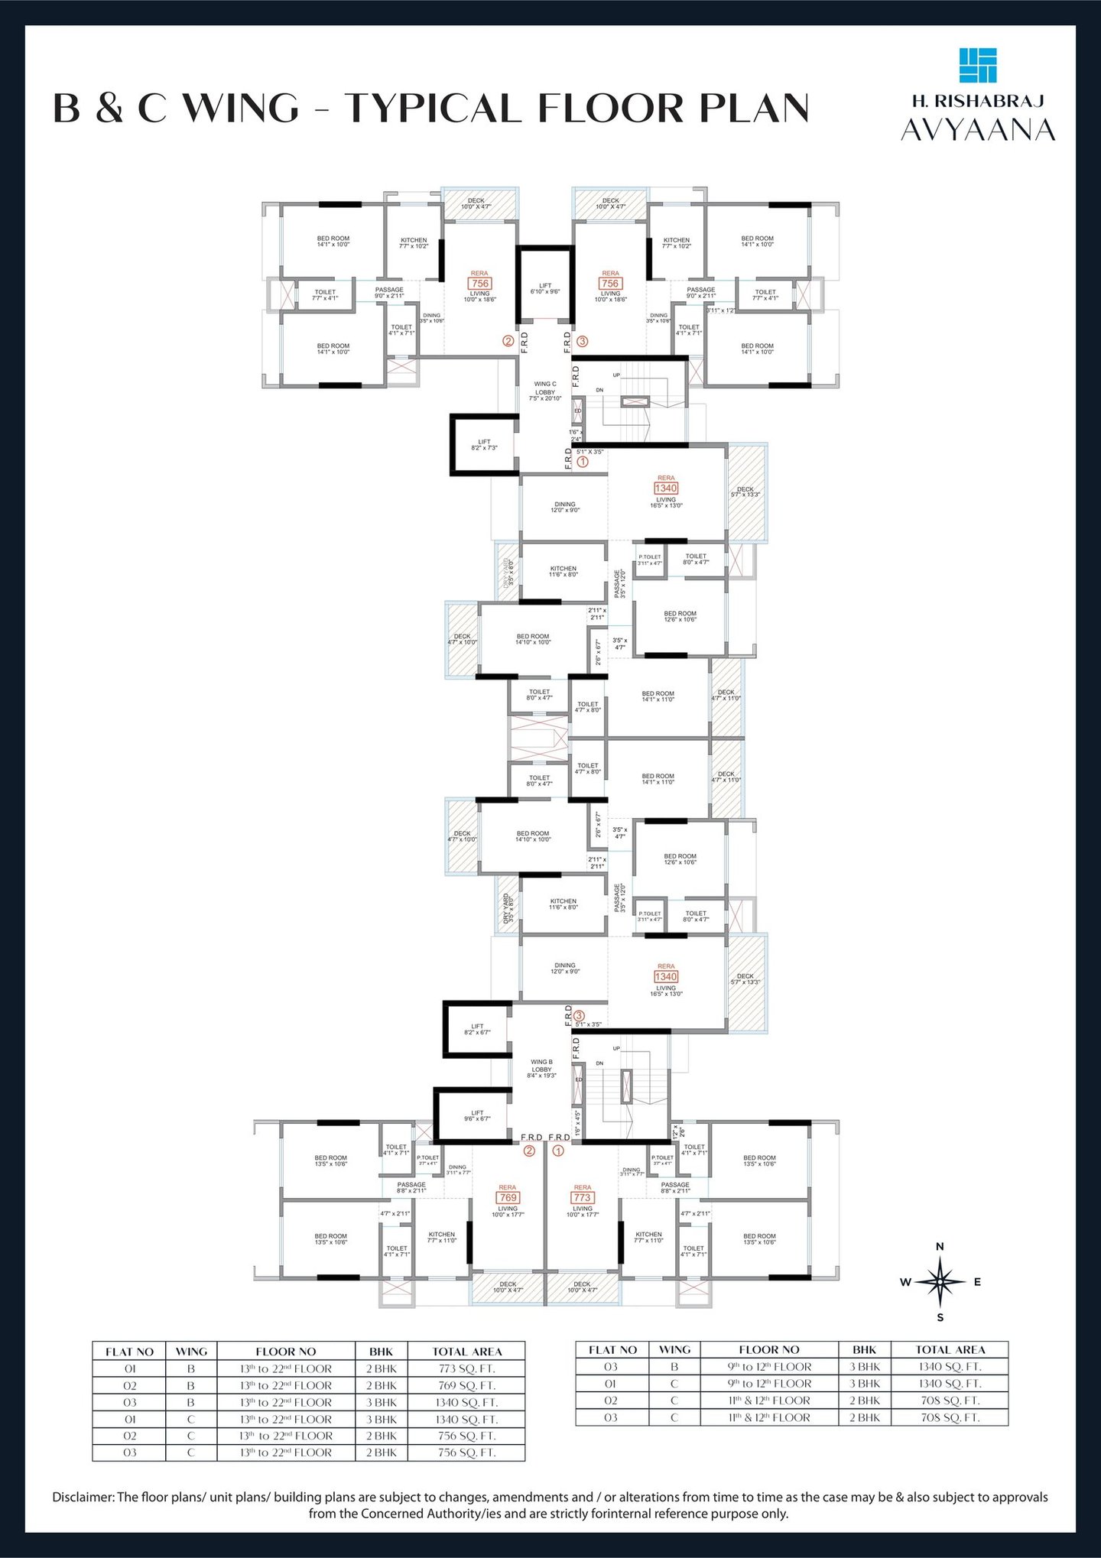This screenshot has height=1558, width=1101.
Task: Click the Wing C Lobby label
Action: pos(545,391)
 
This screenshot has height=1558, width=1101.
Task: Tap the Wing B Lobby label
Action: pos(541,1069)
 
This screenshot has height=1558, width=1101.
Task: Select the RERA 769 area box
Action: pos(508,1197)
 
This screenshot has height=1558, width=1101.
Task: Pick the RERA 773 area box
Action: pos(582,1197)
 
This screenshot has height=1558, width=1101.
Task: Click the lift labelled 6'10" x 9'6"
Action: pos(545,288)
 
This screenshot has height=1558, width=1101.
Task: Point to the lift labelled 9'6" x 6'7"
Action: pos(477,1115)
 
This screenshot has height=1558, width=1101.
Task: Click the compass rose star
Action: pos(940,1281)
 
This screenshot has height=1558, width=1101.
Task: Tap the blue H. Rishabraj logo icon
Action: pos(978,65)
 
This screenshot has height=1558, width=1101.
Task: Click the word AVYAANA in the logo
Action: pos(978,130)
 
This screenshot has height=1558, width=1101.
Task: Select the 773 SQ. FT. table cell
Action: pos(466,1368)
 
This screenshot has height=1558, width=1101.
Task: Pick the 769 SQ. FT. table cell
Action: pos(466,1385)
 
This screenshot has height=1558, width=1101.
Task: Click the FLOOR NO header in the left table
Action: pos(285,1352)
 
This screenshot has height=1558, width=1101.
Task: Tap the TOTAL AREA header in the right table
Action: pos(950,1350)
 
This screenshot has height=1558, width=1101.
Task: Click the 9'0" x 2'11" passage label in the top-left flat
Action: pos(389,292)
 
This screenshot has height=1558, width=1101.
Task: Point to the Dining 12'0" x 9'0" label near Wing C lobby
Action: pos(565,507)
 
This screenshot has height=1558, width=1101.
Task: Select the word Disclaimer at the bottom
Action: pos(83,1497)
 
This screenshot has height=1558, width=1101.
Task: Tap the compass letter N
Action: pos(940,1247)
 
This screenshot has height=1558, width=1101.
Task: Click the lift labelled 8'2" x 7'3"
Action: pos(484,444)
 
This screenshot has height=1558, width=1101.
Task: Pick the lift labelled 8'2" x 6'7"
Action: pos(477,1029)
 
